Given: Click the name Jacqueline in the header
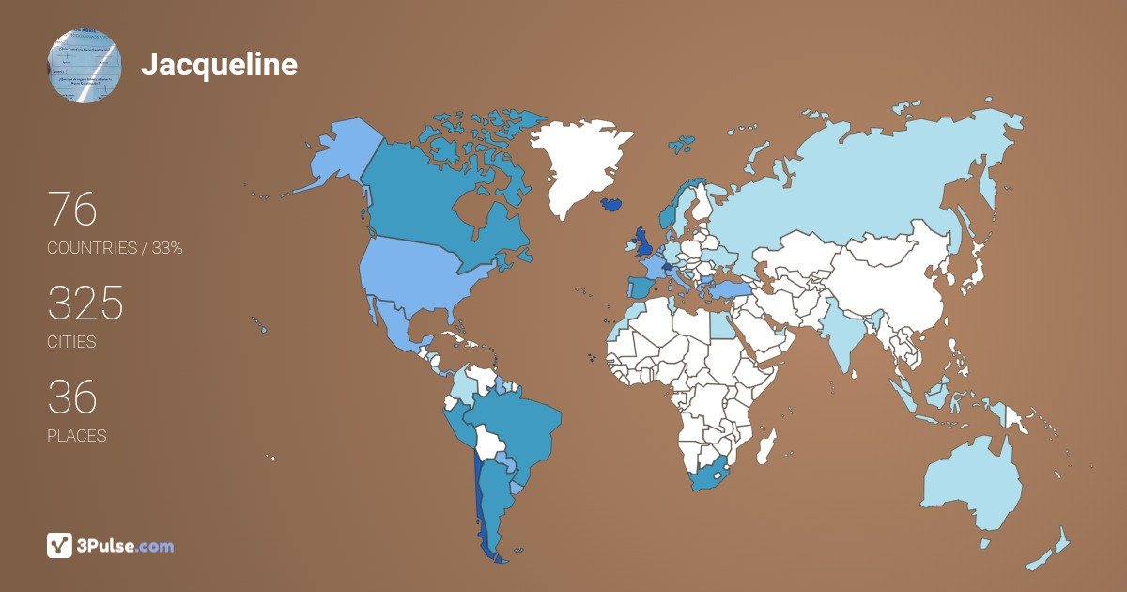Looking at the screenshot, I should [219, 64].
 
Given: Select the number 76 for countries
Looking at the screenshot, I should [72, 210].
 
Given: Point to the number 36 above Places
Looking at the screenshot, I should [72, 398].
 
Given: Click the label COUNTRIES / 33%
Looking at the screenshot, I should [115, 248].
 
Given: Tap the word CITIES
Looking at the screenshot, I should [71, 342].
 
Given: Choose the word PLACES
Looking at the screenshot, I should [76, 436].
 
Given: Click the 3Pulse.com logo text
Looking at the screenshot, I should [126, 545].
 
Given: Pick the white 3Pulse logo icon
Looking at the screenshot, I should [60, 545].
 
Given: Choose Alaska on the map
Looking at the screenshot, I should [338, 155].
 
